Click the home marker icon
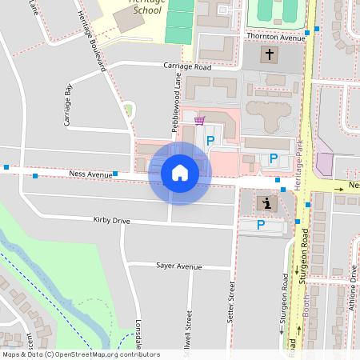[180, 172]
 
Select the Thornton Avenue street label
[276, 38]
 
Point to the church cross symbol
[269, 55]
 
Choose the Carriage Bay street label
[68, 106]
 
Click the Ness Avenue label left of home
[90, 173]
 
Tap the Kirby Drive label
[111, 220]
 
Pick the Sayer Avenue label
[179, 266]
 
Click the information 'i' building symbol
[266, 203]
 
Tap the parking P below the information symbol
[261, 226]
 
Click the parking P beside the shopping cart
[211, 141]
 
